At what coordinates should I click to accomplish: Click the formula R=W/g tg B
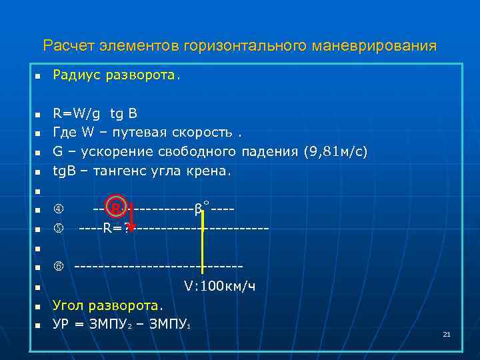click(95, 113)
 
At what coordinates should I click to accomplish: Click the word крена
click(210, 171)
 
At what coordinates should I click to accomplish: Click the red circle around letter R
click(115, 209)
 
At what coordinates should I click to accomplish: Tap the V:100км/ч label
click(220, 287)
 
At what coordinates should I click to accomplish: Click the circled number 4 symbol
click(57, 210)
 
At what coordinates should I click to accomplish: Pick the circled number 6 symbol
click(57, 268)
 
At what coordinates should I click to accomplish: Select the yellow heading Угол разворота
click(107, 306)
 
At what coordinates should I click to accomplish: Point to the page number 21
click(447, 333)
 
